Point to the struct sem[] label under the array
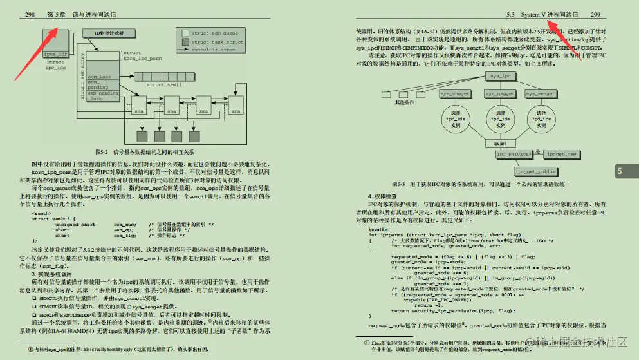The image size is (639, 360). click(x=164, y=84)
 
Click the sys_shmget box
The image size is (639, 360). click(x=454, y=94)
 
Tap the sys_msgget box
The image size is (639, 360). click(x=498, y=94)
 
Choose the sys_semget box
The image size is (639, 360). click(x=541, y=94)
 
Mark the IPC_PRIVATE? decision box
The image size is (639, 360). click(x=515, y=155)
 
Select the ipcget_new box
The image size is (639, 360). click(x=561, y=155)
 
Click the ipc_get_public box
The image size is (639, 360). click(x=535, y=171)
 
